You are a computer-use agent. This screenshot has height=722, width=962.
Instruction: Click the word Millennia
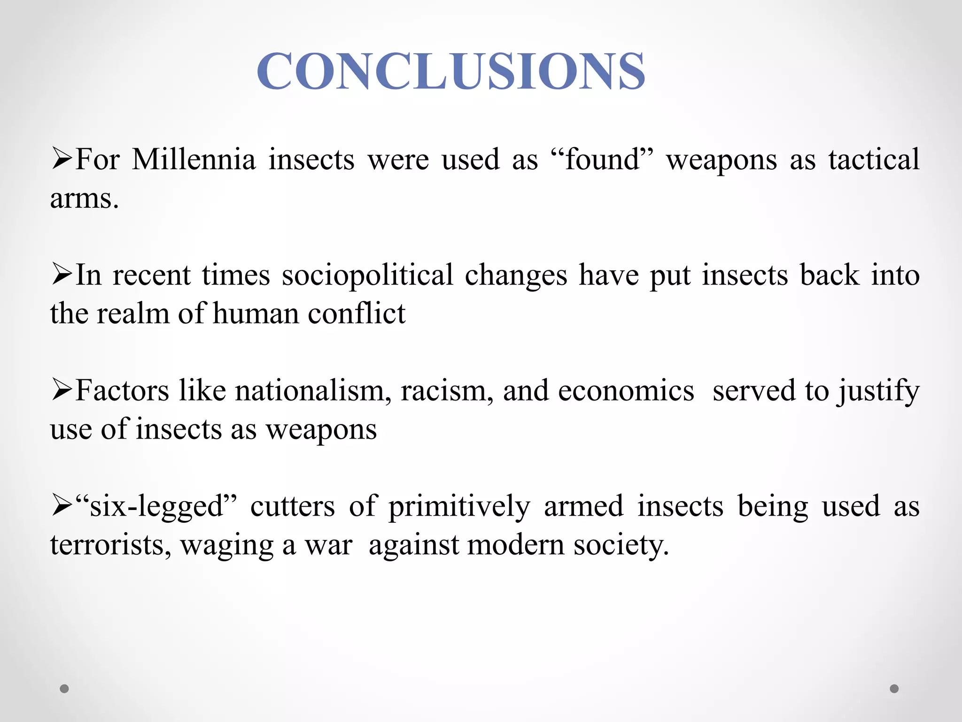pos(194,159)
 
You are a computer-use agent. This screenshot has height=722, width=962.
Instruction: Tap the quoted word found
pos(603,159)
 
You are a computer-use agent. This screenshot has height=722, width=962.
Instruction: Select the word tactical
pos(873,159)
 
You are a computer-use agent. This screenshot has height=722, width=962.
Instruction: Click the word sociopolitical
pos(367,275)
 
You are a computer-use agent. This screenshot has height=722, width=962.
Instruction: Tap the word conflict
pos(357,314)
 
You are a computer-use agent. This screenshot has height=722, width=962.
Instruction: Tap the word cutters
pos(292,507)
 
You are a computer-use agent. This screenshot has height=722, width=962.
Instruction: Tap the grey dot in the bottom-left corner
pos(64,689)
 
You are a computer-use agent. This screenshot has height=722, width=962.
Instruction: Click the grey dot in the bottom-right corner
pos(894,689)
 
